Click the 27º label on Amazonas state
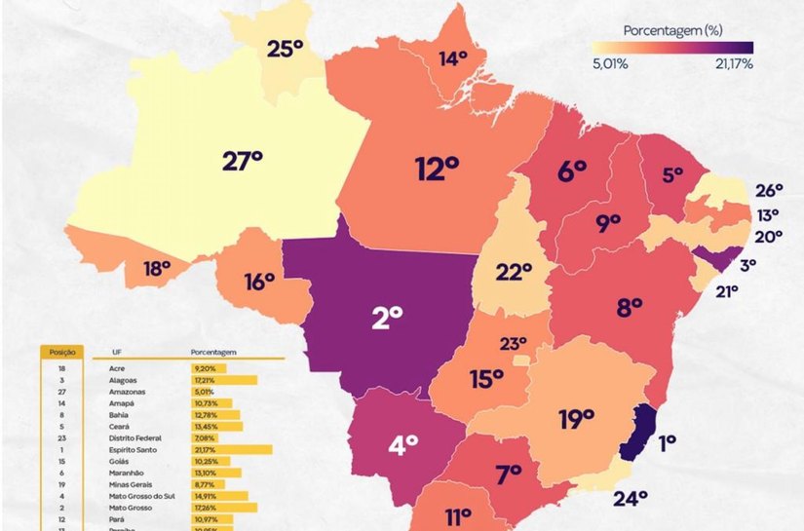pyautogui.click(x=243, y=160)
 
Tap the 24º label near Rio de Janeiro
pyautogui.click(x=631, y=500)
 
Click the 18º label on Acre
pyautogui.click(x=157, y=269)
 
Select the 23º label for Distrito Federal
pyautogui.click(x=513, y=343)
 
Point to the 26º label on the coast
pyautogui.click(x=768, y=190)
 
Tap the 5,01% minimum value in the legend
pyautogui.click(x=609, y=64)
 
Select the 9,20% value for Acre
pyautogui.click(x=207, y=369)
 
